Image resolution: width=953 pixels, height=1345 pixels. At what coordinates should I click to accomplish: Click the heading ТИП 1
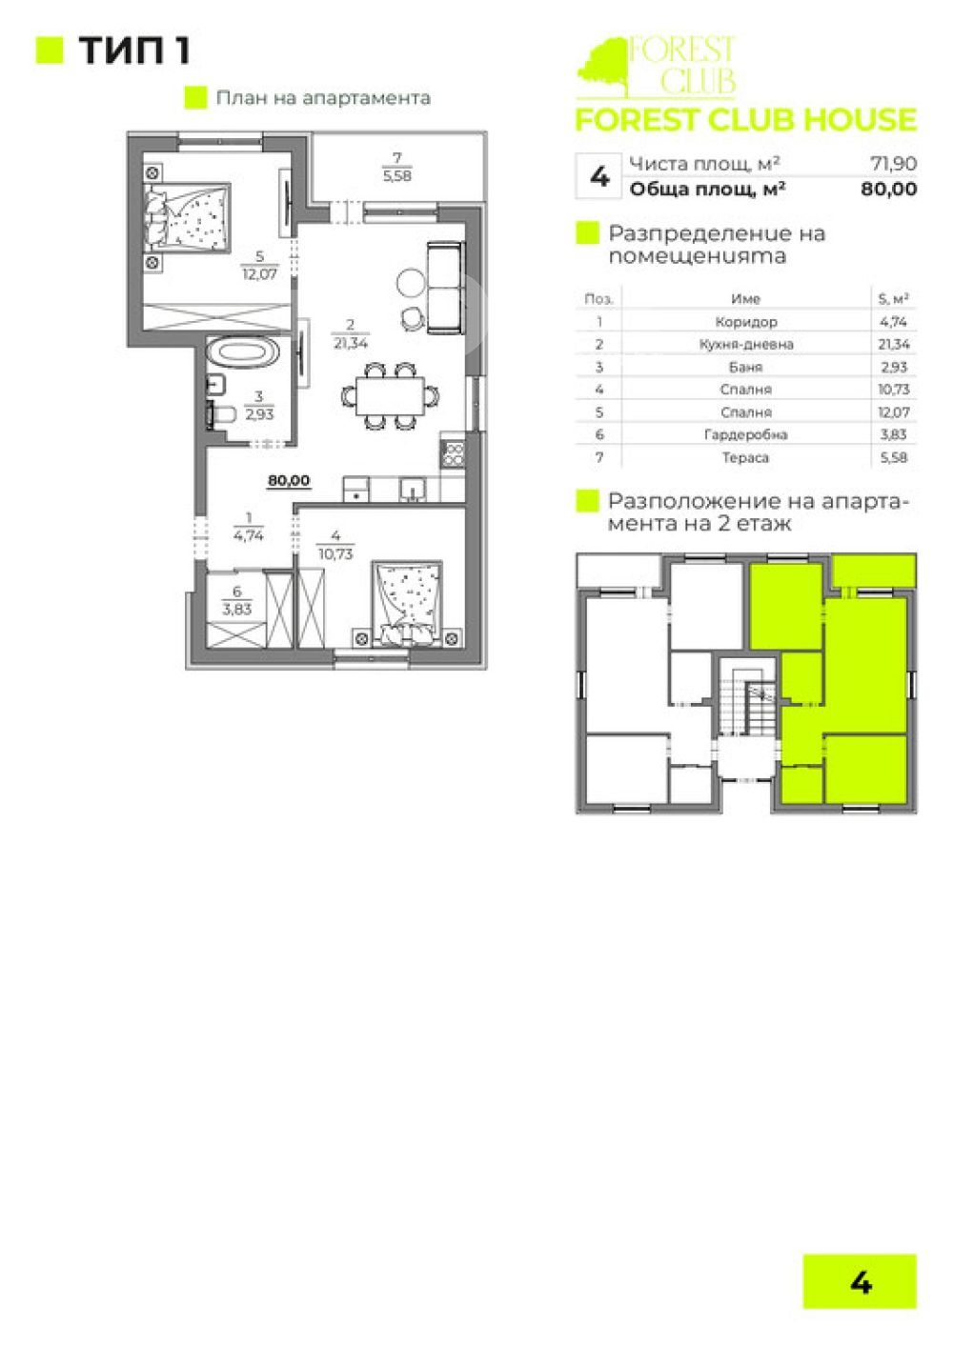coord(134,50)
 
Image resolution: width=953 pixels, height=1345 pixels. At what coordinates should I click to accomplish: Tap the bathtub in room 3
coord(243,351)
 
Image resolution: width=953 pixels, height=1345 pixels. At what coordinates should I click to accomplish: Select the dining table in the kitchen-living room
coord(390,395)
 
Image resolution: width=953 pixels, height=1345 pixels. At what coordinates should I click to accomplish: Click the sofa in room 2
coord(445,288)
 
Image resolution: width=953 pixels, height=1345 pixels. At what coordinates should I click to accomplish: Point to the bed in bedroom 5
coord(187,216)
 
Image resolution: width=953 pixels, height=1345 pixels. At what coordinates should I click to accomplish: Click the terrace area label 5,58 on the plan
coord(396,176)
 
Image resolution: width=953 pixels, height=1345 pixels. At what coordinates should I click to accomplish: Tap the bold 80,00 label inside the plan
coord(289,480)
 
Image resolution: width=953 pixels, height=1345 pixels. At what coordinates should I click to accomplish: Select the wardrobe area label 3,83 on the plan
coord(236,610)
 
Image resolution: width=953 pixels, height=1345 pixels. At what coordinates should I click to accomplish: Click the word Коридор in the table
coord(745,322)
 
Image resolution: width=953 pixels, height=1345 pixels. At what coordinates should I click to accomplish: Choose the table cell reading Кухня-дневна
coord(745,345)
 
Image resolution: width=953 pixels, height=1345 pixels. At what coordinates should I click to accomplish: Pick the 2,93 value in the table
coord(893,367)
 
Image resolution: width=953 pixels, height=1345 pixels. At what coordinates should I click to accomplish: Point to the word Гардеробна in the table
coord(745,434)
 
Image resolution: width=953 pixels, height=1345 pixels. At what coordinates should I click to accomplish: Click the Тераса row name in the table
coord(745,457)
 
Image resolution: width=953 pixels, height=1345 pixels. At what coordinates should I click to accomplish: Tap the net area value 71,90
coord(894,163)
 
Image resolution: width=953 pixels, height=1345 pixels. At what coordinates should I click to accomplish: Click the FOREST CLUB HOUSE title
coord(745,119)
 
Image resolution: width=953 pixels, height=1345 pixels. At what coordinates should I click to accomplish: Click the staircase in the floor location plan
coord(747,706)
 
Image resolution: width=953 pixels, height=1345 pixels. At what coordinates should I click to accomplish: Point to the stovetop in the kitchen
coord(452,454)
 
